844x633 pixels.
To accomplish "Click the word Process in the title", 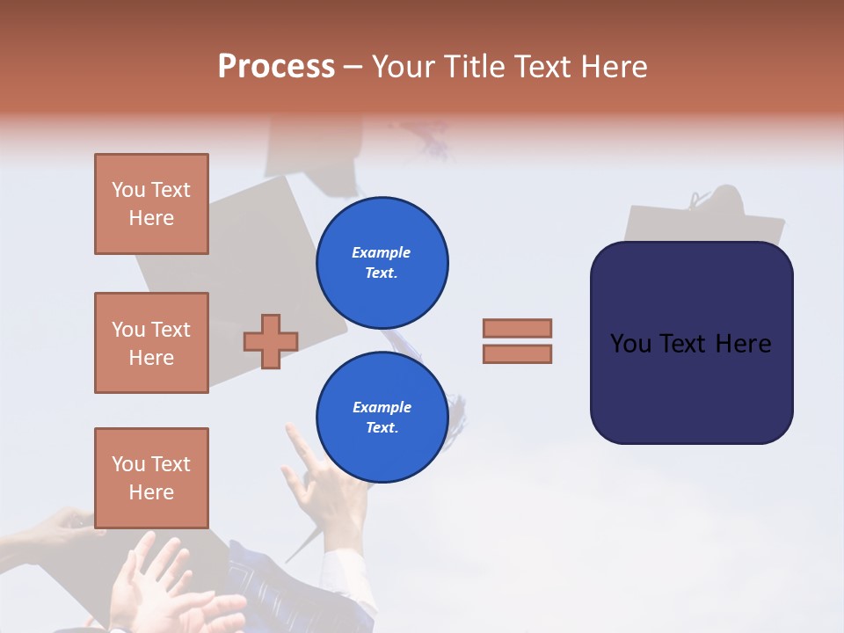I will tap(276, 67).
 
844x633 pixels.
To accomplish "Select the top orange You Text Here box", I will tap(151, 204).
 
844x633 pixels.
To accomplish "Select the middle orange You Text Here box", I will tap(151, 343).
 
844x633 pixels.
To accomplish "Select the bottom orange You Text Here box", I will tap(151, 478).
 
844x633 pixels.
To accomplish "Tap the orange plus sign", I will tap(271, 341).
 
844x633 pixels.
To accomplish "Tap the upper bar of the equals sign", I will tap(517, 328).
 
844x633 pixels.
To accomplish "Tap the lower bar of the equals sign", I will tap(517, 354).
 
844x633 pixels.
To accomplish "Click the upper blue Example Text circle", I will tap(382, 262).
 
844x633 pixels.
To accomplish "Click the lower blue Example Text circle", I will tap(382, 417).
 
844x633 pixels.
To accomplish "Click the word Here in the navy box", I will tap(743, 344).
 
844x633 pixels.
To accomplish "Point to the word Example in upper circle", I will tap(382, 252).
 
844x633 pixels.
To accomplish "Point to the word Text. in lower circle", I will tap(382, 428).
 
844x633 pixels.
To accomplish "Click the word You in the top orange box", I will tap(128, 190).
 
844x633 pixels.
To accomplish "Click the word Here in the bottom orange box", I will tap(151, 492).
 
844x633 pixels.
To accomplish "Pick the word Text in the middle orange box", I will tap(171, 330).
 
